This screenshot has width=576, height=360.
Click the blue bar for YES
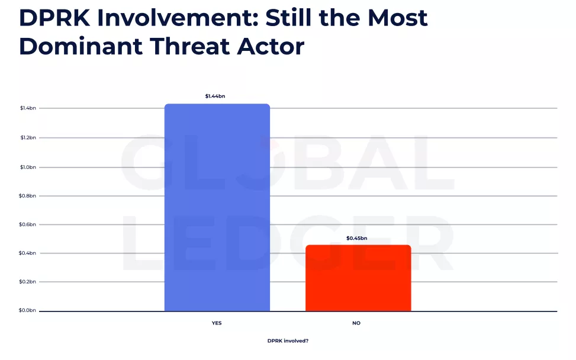(217, 207)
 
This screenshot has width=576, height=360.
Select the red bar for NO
(358, 278)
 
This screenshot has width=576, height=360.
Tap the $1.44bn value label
(215, 96)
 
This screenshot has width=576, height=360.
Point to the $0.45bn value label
(356, 238)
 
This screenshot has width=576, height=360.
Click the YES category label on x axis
(217, 323)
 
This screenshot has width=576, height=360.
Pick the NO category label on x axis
(356, 323)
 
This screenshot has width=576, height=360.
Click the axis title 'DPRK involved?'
(288, 341)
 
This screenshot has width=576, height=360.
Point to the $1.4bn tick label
(28, 108)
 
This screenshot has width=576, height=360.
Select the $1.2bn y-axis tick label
(28, 138)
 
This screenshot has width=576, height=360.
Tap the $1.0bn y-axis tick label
(28, 167)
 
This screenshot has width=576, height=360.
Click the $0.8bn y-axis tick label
(28, 195)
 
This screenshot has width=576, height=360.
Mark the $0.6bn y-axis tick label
(28, 224)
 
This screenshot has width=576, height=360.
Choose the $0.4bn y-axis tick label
(28, 253)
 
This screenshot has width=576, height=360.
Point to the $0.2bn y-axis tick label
(28, 282)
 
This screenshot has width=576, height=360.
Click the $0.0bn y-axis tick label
(28, 310)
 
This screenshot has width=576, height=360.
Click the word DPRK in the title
(54, 18)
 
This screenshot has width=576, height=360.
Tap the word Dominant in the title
(79, 46)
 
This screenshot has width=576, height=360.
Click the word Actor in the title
(271, 46)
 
